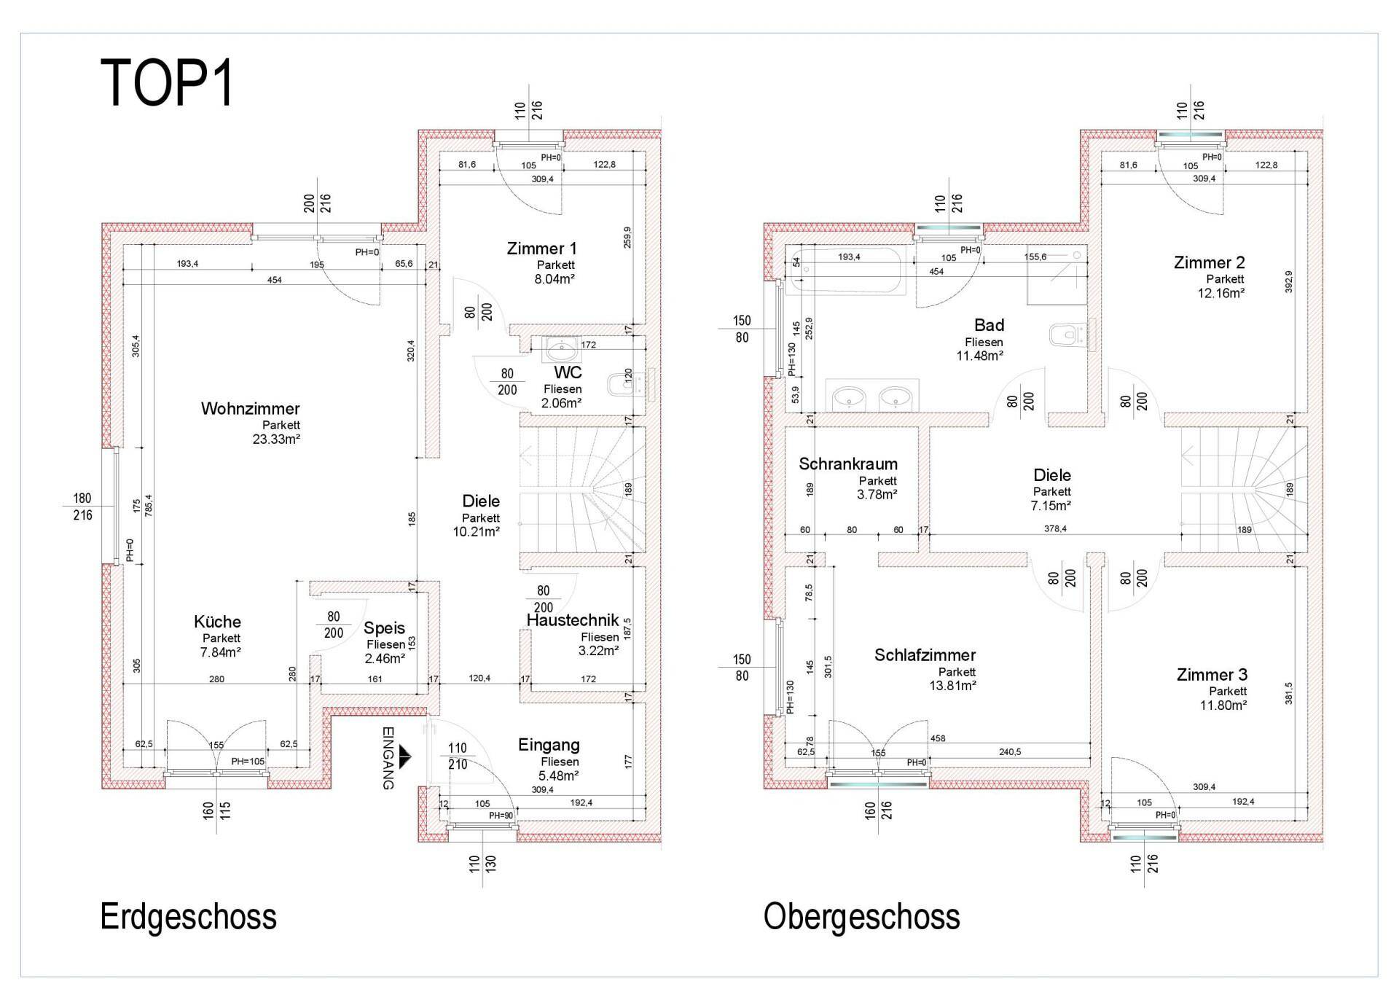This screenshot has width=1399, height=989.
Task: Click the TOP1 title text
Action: [167, 83]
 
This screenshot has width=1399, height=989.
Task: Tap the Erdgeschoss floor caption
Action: [188, 917]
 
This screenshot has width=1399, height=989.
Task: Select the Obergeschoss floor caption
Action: [861, 917]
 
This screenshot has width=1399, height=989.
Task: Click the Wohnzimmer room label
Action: [250, 409]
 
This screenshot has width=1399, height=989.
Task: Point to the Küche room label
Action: [217, 622]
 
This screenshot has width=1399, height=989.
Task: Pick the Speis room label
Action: [384, 628]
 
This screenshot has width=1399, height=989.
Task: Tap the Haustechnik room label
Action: [573, 620]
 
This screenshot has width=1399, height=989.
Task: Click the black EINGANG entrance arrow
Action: [405, 757]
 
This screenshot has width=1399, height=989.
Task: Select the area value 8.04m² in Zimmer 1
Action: [554, 278]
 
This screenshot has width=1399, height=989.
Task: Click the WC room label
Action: [568, 373]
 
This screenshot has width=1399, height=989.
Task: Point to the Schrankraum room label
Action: [848, 464]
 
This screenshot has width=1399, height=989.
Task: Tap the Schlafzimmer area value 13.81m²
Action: [953, 685]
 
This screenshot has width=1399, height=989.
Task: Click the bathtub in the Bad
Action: [847, 270]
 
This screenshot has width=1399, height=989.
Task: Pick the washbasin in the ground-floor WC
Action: [562, 350]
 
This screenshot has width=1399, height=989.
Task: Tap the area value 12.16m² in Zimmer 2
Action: [1221, 293]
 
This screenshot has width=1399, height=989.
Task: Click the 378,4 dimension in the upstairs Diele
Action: [1055, 528]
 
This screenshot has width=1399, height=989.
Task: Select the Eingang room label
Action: [549, 745]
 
